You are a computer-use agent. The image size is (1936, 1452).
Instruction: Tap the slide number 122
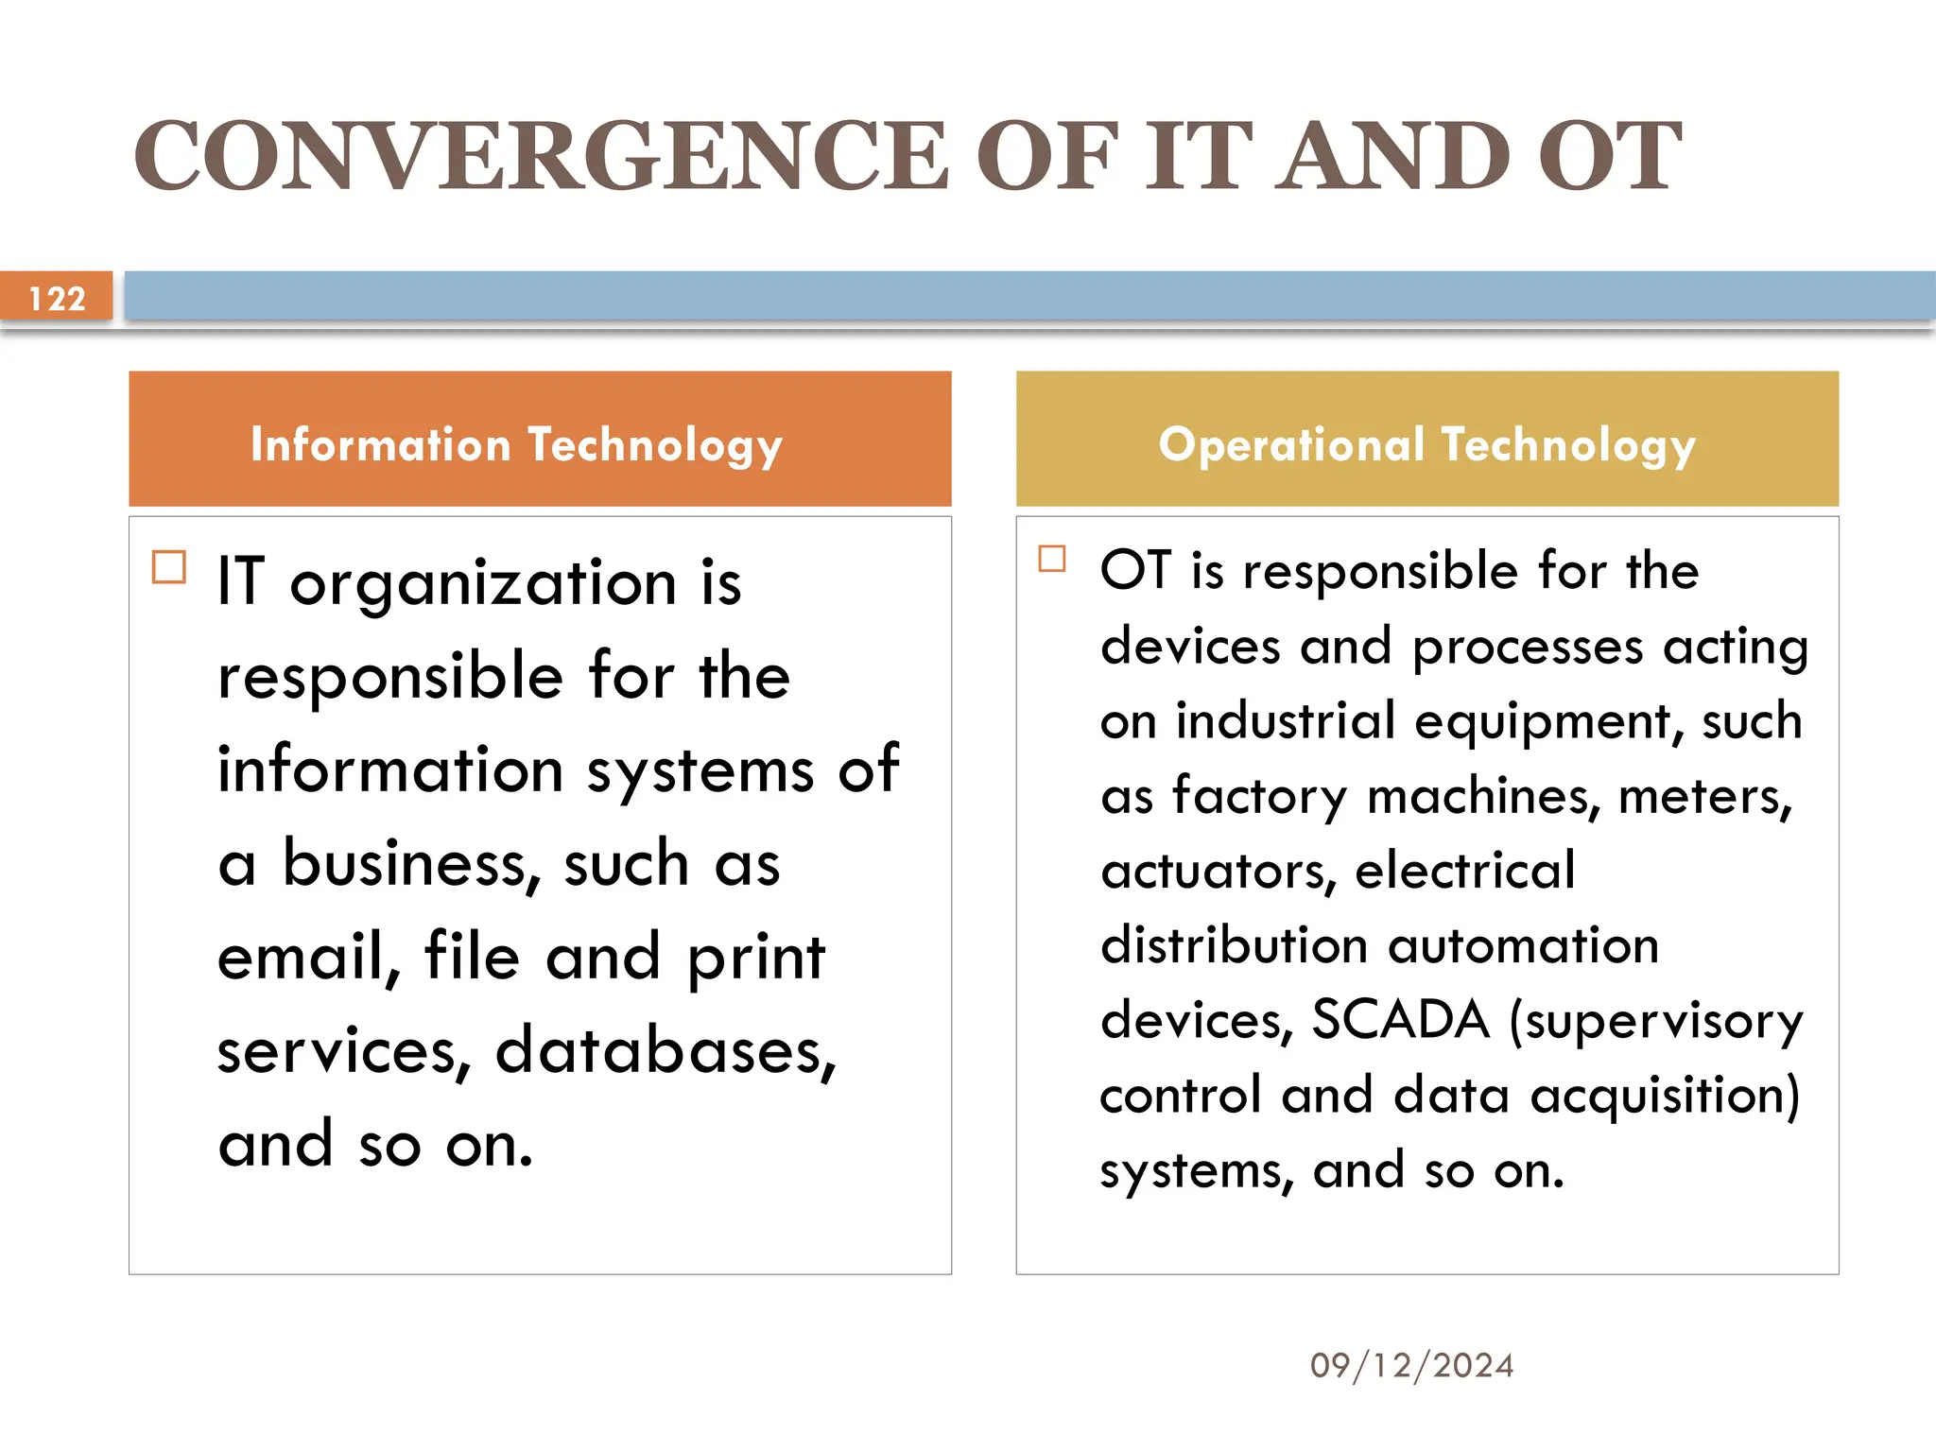pos(57,299)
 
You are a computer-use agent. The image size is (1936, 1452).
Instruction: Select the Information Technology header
pos(516,444)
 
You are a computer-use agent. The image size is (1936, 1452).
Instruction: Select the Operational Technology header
pos(1427,444)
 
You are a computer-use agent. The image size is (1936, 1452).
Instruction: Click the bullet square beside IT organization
pos(169,567)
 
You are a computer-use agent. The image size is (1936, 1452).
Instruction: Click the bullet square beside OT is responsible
pos(1051,559)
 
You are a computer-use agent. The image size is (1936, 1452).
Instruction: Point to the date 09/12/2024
pos(1411,1365)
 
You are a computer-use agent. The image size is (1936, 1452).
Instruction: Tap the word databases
pos(665,1050)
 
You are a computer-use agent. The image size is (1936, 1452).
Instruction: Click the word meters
pos(1704,796)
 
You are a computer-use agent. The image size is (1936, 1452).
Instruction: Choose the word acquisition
pos(1665,1097)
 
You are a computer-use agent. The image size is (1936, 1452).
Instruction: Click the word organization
pos(483,583)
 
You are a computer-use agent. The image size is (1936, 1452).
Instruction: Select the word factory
pos(1258,797)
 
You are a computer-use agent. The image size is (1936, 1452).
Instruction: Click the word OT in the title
pos(1609,156)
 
